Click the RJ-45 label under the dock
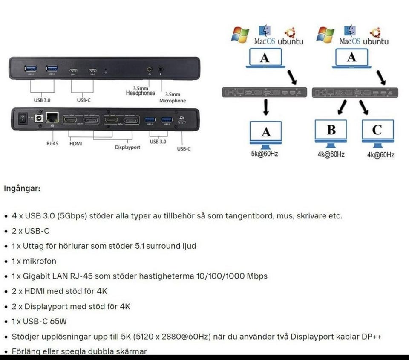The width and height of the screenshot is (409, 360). tap(52, 144)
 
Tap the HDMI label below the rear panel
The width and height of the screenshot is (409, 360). tap(75, 144)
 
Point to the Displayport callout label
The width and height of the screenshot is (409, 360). tap(127, 148)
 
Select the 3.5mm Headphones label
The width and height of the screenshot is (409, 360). tap(140, 91)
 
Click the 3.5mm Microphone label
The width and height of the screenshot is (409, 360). tap(173, 98)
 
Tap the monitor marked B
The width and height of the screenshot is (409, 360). tap(331, 131)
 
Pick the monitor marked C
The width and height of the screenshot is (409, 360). tap(377, 131)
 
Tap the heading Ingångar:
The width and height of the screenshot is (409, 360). tap(22, 188)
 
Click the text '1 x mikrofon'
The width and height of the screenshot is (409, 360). tap(34, 261)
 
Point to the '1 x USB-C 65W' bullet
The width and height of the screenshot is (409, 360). tap(39, 321)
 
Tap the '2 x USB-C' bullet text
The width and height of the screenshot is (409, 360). tap(30, 231)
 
